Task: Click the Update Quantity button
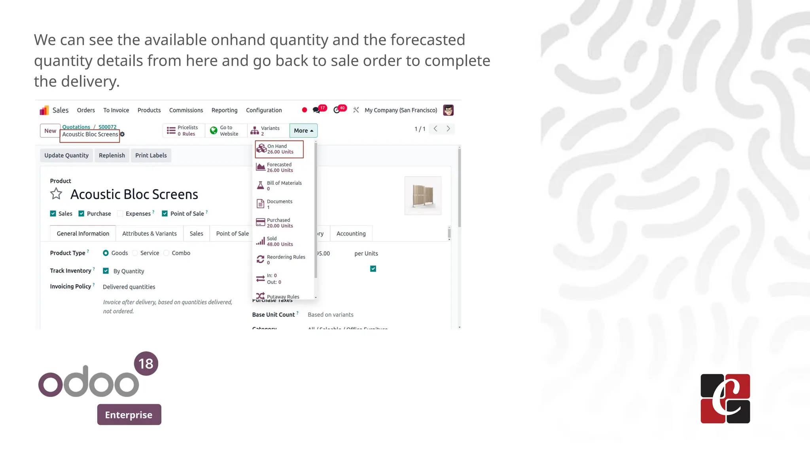(x=66, y=155)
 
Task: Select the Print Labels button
(x=151, y=155)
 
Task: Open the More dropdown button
(x=303, y=131)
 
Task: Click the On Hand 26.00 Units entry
(x=279, y=149)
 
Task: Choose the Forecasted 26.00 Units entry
(x=279, y=167)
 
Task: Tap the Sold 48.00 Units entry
(x=279, y=241)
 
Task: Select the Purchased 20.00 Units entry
(x=279, y=223)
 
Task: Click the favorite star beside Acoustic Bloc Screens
(x=56, y=194)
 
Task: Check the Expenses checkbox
(x=120, y=214)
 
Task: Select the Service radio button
(x=135, y=253)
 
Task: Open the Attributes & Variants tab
(x=149, y=234)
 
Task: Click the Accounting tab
(x=351, y=234)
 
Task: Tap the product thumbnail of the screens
(x=423, y=196)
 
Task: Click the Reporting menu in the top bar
(x=224, y=110)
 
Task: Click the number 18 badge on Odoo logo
(x=146, y=363)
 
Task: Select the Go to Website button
(x=225, y=131)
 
